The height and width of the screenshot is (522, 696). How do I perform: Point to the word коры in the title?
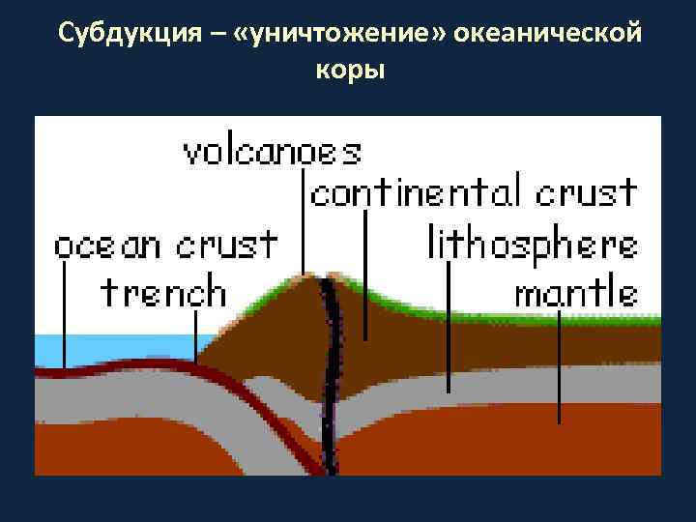point(349,71)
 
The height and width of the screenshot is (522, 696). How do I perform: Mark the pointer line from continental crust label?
point(365,275)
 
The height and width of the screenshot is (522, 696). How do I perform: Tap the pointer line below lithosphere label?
point(449,329)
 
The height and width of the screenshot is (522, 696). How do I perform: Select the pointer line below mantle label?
point(560,367)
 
